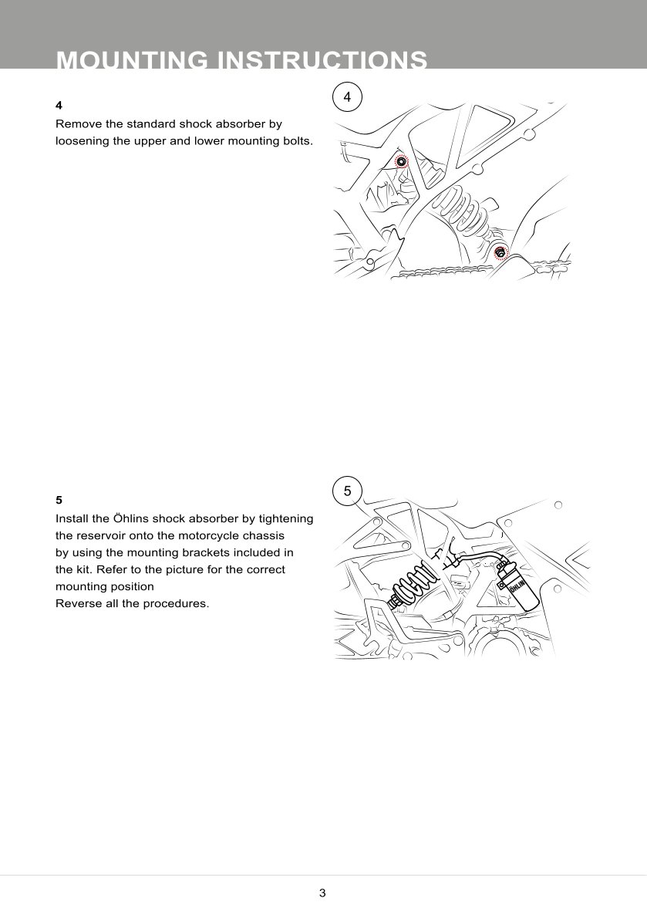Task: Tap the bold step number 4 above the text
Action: [59, 105]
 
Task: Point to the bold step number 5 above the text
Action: [59, 500]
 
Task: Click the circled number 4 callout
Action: [347, 97]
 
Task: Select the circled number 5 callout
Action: [347, 491]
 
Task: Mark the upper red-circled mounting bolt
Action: [401, 161]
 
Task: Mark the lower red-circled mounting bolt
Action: [500, 251]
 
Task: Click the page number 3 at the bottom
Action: [322, 893]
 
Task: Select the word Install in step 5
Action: [72, 518]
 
